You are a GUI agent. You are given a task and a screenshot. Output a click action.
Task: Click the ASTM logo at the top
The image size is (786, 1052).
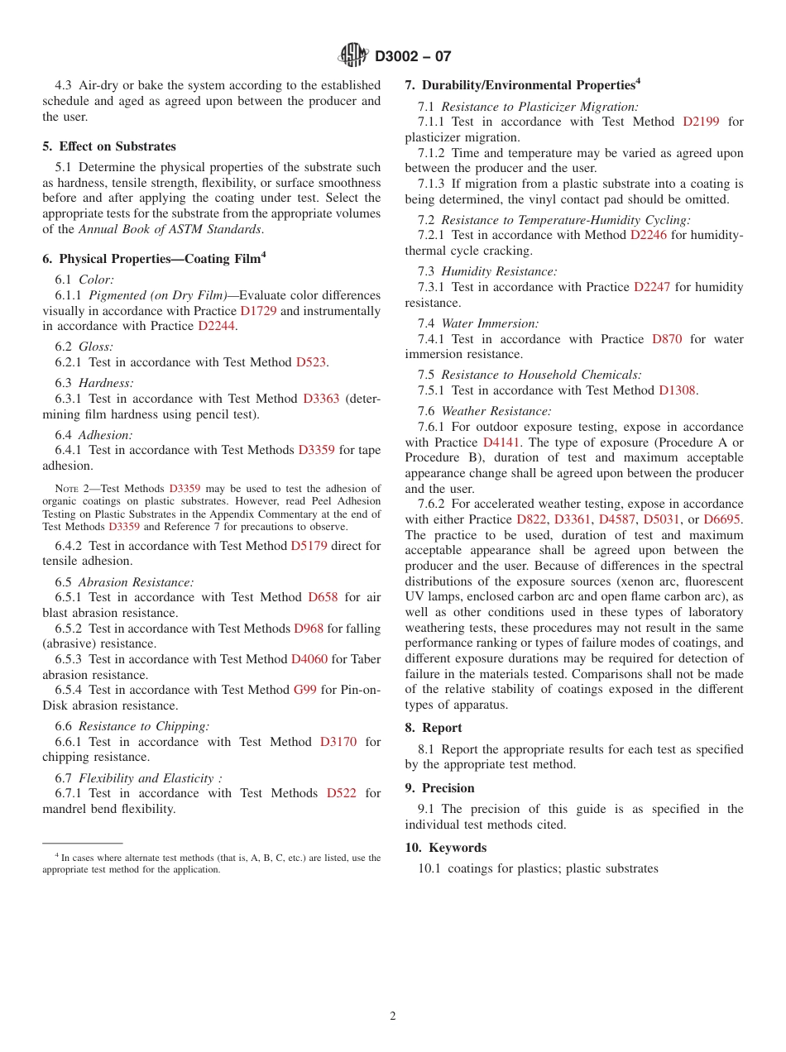click(353, 56)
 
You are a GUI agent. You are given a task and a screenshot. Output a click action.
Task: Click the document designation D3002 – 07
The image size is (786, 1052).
click(413, 57)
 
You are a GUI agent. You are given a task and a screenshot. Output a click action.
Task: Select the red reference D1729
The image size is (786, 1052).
click(257, 311)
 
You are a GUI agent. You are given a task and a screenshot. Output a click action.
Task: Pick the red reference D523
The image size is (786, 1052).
click(310, 362)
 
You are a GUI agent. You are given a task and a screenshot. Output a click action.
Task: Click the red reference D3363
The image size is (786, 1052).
click(321, 399)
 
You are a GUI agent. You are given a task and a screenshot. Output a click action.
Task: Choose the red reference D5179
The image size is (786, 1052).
click(309, 546)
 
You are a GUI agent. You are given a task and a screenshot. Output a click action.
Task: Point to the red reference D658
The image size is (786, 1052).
click(323, 597)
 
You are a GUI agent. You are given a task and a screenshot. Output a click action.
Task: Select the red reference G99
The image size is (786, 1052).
click(305, 690)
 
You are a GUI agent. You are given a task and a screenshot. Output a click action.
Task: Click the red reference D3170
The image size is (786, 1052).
click(338, 742)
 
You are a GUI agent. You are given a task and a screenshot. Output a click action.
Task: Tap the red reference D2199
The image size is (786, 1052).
click(701, 122)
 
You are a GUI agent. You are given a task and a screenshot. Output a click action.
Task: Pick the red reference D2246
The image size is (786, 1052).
click(649, 235)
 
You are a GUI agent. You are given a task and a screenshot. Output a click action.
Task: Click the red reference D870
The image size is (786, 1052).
click(667, 339)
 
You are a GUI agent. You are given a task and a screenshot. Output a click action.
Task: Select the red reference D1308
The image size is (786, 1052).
click(677, 390)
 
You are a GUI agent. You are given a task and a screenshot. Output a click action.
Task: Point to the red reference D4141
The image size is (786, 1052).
click(501, 442)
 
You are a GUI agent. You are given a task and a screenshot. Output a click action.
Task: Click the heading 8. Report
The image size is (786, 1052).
click(434, 728)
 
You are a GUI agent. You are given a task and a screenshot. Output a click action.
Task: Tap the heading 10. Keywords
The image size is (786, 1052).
click(445, 848)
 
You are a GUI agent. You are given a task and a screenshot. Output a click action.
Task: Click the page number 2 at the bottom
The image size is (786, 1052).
click(393, 1016)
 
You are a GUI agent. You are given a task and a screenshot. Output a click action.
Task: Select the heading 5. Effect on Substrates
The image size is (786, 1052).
click(109, 146)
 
